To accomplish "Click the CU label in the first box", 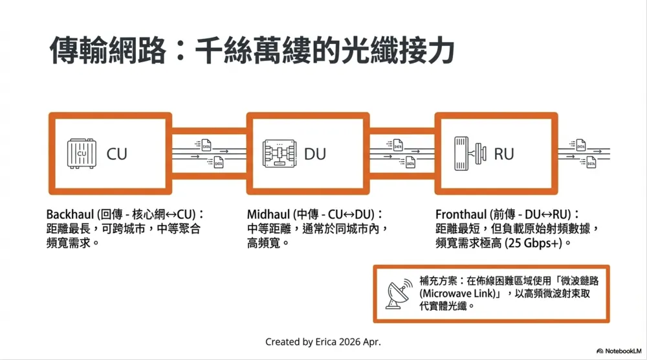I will pyautogui.click(x=117, y=154).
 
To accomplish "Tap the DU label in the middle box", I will pyautogui.click(x=315, y=154).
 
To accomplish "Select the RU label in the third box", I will pyautogui.click(x=503, y=154).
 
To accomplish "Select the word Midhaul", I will pyautogui.click(x=269, y=214).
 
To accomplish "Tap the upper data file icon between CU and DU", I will pyautogui.click(x=205, y=145).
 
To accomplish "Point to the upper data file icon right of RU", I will pyautogui.click(x=580, y=145).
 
